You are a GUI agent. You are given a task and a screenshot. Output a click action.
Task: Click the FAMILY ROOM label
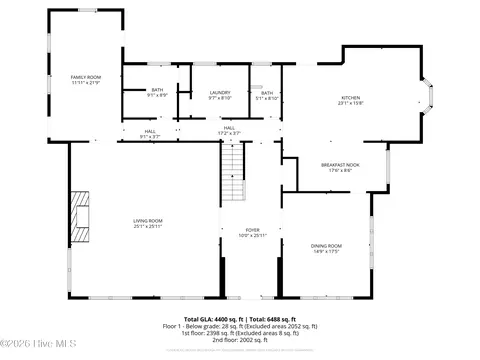click(x=85, y=76)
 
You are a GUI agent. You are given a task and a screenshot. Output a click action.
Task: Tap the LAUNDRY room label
click(x=220, y=92)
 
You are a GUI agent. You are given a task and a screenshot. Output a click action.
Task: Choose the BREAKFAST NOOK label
click(x=340, y=165)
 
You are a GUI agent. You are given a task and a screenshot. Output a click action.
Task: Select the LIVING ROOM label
click(x=148, y=221)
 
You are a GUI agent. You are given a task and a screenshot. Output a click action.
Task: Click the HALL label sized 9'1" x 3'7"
click(x=149, y=131)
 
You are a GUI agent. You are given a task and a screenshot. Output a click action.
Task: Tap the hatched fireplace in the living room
click(x=80, y=218)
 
